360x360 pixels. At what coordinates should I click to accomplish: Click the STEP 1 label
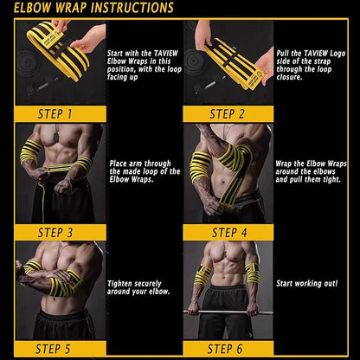tap(55, 114)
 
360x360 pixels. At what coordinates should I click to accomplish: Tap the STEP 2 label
tap(227, 114)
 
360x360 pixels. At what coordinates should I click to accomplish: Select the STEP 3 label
tap(55, 233)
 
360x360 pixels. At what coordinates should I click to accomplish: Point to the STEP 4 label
tap(229, 233)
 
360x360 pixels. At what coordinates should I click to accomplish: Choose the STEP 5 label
tap(53, 349)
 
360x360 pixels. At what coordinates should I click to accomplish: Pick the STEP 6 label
tap(225, 349)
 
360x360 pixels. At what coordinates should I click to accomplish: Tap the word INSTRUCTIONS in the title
tap(132, 8)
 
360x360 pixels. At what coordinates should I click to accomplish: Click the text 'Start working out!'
tap(307, 283)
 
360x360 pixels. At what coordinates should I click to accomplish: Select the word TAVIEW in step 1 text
tap(166, 54)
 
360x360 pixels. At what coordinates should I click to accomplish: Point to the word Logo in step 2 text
tap(337, 54)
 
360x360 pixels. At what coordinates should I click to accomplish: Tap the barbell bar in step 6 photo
tap(228, 312)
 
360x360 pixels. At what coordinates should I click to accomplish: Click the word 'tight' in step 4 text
tap(331, 179)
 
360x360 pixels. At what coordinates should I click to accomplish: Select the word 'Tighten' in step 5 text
tap(119, 284)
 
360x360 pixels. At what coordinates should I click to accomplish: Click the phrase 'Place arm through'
tap(140, 164)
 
